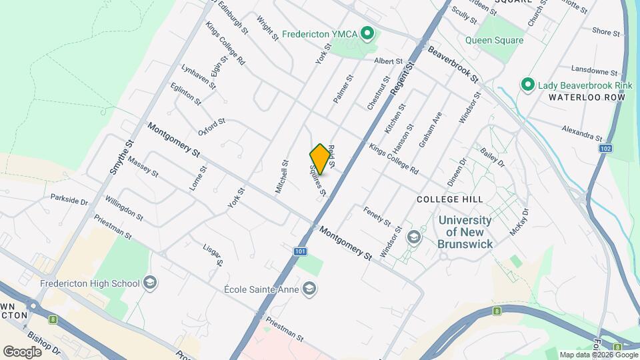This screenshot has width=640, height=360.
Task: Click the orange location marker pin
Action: [x=320, y=159]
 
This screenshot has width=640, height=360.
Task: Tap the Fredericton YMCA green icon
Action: [x=366, y=33]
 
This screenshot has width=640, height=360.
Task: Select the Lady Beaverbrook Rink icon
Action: [x=528, y=85]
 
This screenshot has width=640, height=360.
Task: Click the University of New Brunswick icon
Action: [x=414, y=237]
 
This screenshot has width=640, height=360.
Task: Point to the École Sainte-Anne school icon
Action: [x=309, y=289]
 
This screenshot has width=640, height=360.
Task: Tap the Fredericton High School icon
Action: [x=150, y=283]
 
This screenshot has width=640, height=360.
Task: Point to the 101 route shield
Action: [x=300, y=251]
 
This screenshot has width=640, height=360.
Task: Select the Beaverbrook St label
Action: [x=454, y=64]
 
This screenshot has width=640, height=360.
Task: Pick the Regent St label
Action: [x=402, y=77]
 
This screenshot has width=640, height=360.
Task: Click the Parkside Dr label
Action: [x=69, y=199]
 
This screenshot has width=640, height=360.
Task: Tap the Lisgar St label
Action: [x=212, y=254]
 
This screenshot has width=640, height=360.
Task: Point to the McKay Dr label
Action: [x=518, y=221]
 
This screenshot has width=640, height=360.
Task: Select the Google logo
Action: [x=22, y=351]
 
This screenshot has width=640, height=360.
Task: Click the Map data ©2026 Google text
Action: [x=598, y=355]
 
